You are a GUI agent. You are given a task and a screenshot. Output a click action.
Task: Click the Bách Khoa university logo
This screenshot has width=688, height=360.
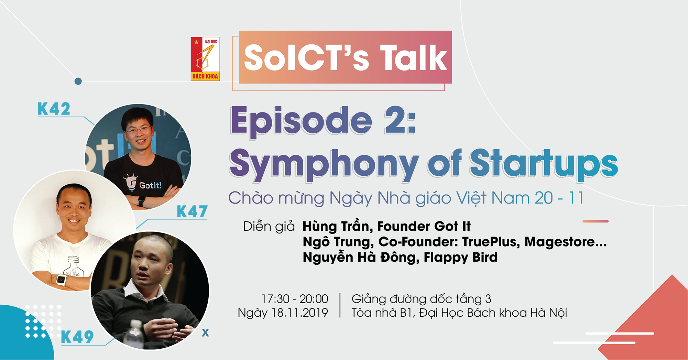click(205, 59)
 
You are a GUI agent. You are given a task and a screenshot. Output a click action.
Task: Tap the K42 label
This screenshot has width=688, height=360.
click(54, 109)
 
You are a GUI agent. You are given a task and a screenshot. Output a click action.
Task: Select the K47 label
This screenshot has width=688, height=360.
click(192, 211)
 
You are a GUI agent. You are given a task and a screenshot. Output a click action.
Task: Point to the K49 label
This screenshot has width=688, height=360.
click(77, 337)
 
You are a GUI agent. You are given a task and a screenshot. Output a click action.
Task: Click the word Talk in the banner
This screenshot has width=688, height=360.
click(414, 58)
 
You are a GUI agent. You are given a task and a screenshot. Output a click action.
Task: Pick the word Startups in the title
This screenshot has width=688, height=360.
click(543, 164)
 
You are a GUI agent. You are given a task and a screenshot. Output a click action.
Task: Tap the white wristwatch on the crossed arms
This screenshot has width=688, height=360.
click(61, 280)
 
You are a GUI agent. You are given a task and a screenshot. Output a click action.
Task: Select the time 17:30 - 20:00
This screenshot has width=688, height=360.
click(295, 299)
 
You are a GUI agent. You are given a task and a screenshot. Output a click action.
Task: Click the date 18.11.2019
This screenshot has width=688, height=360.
click(299, 313)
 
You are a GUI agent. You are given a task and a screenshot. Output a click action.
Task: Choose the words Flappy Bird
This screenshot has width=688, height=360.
click(460, 257)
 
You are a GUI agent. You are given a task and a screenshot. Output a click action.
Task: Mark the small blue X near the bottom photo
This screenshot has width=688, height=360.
click(205, 332)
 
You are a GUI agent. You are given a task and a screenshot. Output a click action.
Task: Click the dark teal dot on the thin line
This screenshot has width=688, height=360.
click(78, 81)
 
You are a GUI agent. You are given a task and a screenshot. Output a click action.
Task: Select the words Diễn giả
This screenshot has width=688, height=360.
click(269, 226)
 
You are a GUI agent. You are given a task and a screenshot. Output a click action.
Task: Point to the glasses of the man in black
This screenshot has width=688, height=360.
click(139, 130)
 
